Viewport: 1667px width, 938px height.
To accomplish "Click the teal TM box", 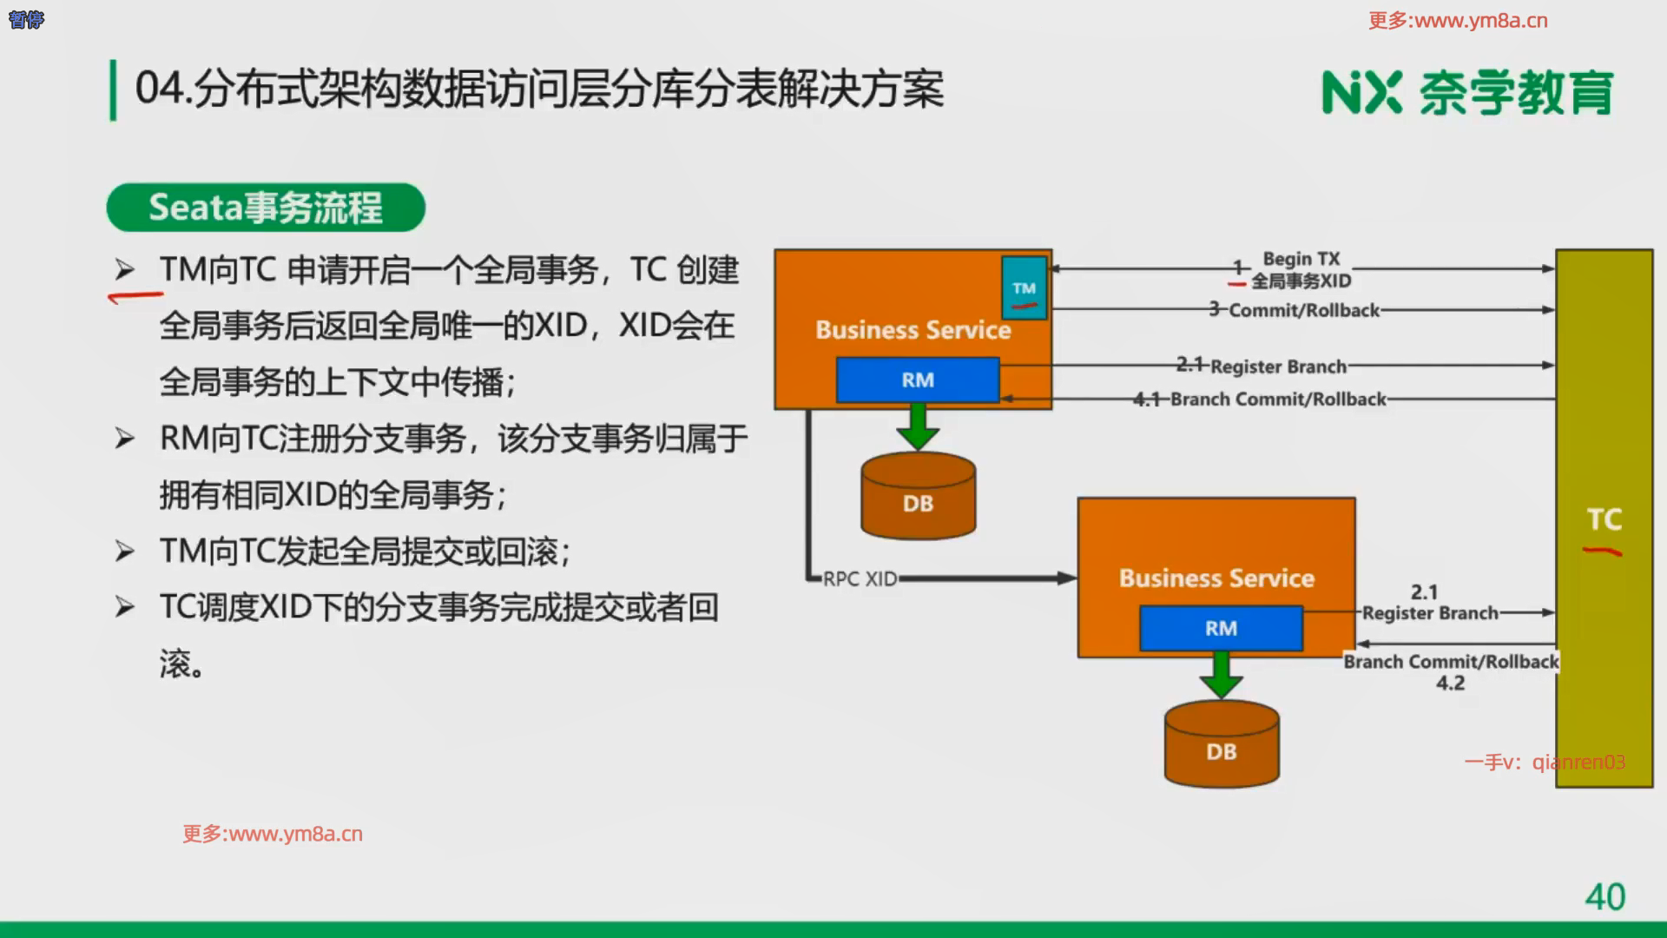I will [x=1024, y=287].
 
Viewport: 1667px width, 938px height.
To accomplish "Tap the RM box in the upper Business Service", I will [x=918, y=380].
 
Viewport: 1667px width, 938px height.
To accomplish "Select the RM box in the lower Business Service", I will [x=1221, y=628].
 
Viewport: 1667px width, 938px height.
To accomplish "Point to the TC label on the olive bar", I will [x=1604, y=519].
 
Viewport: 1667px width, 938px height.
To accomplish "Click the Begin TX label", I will [x=1301, y=259].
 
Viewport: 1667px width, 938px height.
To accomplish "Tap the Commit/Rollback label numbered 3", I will [x=1303, y=310].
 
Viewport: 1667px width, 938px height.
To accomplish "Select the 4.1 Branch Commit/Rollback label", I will [x=1277, y=400].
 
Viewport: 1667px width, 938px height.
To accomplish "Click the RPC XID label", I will [x=860, y=578].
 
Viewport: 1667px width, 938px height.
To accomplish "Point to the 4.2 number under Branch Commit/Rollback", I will [x=1450, y=683].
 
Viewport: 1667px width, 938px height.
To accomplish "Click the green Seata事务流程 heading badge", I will [x=266, y=208].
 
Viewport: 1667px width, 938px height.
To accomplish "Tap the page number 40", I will [x=1604, y=896].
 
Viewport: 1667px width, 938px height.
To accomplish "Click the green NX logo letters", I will [x=1361, y=92].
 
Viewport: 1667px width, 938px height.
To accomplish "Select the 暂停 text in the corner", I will [x=26, y=19].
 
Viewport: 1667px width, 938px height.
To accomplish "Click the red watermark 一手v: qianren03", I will [x=1545, y=762].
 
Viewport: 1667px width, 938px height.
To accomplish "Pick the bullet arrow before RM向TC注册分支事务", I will [x=125, y=439].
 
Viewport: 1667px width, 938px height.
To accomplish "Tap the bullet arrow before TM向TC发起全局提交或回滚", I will [x=125, y=552].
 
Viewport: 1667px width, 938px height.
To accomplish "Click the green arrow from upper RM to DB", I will [x=918, y=426].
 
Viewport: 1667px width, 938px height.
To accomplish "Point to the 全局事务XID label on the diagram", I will [x=1301, y=281].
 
